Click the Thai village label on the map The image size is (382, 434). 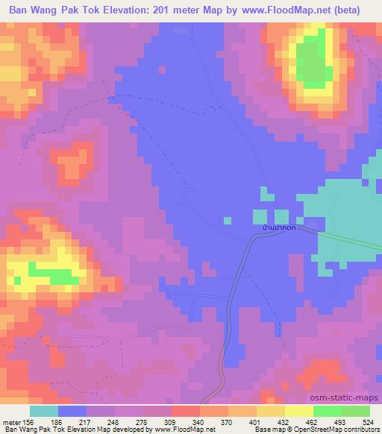274,227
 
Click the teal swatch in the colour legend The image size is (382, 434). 43,411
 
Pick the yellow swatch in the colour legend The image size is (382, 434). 299,411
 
